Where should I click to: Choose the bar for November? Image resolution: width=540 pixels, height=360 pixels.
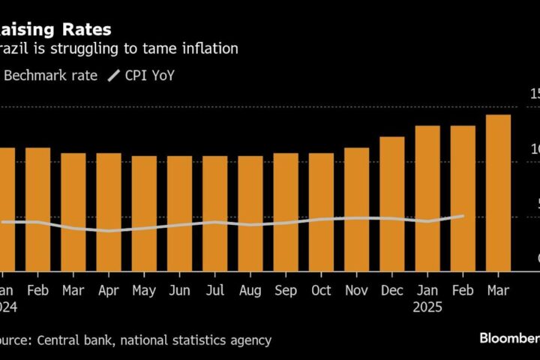coord(357,209)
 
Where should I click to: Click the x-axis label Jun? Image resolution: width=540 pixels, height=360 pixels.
coord(179,290)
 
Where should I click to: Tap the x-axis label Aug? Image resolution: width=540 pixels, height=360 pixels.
coord(250,290)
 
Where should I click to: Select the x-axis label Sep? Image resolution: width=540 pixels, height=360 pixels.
coord(286,290)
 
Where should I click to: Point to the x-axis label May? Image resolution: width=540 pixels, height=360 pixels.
coord(144,290)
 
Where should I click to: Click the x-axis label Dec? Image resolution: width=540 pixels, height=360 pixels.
coord(392,290)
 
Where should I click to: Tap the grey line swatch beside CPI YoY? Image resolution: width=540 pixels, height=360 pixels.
coord(114,75)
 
